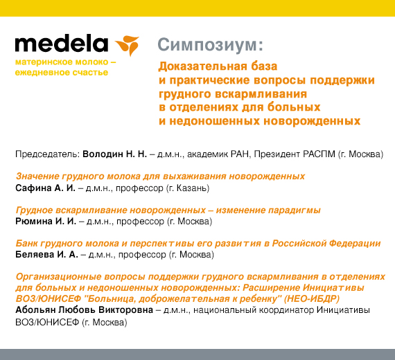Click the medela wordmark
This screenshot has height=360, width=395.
pyautogui.click(x=62, y=44)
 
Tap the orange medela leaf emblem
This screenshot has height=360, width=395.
pyautogui.click(x=128, y=45)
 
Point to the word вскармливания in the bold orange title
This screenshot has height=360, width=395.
pyautogui.click(x=261, y=94)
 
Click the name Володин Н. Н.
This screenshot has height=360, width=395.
pyautogui.click(x=114, y=154)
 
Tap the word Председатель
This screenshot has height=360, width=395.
pyautogui.click(x=47, y=154)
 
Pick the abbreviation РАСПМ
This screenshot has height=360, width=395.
pyautogui.click(x=319, y=154)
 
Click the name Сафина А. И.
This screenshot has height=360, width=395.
pyautogui.click(x=45, y=188)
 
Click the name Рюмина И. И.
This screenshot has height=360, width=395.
pyautogui.click(x=46, y=222)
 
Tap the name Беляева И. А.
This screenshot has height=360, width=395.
pyautogui.click(x=46, y=255)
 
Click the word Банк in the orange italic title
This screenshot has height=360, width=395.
pyautogui.click(x=26, y=244)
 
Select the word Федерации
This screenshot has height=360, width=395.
pyautogui.click(x=355, y=244)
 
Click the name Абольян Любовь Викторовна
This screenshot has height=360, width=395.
pyautogui.click(x=84, y=310)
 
